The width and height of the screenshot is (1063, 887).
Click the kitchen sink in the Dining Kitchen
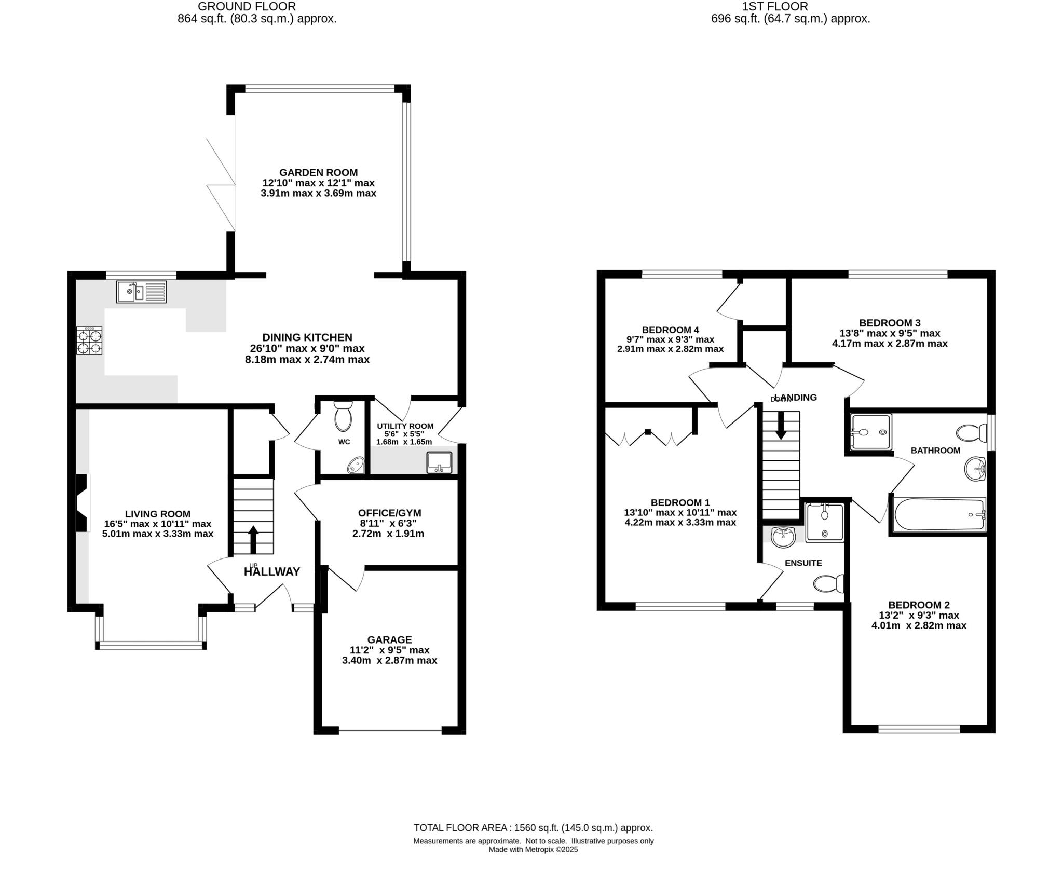coord(141,292)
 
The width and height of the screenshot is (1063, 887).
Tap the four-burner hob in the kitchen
coord(89,341)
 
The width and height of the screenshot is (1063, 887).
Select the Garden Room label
coord(318,173)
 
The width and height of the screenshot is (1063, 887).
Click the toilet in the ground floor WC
coord(343,416)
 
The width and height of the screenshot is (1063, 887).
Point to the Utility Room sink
coord(439,462)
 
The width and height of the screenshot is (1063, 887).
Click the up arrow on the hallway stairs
coord(253,540)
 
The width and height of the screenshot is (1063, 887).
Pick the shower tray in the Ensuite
coord(825,523)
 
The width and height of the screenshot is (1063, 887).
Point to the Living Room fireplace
coord(83,503)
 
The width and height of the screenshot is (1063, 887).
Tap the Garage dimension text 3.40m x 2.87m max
coord(389,661)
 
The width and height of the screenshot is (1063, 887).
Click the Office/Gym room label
coord(390,513)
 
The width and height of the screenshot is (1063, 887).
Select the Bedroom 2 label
coord(919,605)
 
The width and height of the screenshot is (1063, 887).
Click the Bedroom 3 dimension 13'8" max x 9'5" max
coord(890,333)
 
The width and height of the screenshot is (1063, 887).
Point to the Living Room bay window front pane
coord(151,646)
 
